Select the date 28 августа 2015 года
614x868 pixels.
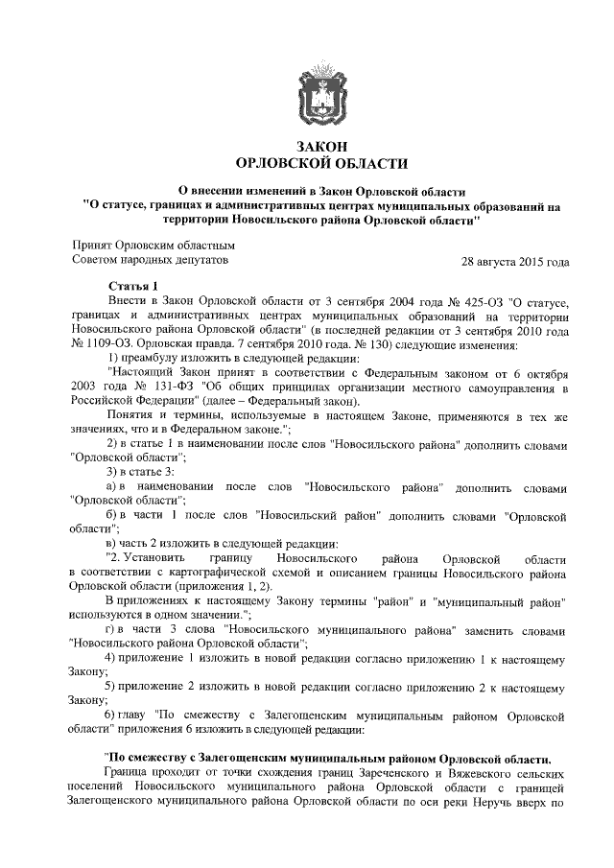click(516, 261)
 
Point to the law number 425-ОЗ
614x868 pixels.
click(462, 302)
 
